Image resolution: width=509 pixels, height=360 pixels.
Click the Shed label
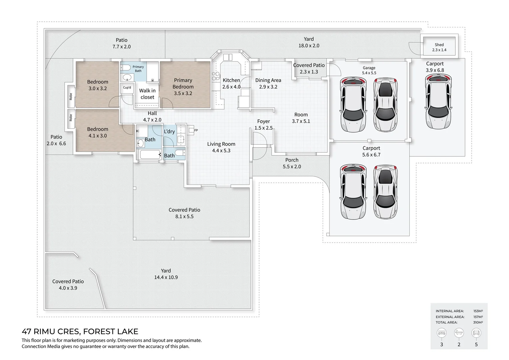439,45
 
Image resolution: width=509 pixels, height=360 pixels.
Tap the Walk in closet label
147,94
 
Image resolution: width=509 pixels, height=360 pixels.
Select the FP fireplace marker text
196,130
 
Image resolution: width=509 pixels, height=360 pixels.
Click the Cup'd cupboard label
127,87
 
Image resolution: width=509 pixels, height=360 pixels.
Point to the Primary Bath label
138,69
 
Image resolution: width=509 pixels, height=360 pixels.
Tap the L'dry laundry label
169,131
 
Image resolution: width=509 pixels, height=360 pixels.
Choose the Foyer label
263,121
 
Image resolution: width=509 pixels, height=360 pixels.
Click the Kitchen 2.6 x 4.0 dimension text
231,87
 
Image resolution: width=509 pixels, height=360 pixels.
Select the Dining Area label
268,80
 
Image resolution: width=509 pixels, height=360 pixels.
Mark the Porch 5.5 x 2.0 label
292,163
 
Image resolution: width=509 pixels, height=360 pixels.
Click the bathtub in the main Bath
151,155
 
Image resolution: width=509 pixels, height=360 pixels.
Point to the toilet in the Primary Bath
125,68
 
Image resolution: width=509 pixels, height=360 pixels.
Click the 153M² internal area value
478,311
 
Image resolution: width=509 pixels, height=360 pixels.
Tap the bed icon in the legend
441,333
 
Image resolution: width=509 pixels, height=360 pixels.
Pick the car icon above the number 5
476,333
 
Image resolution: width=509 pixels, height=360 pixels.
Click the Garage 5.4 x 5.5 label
369,70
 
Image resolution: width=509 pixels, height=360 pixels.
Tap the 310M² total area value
478,322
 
